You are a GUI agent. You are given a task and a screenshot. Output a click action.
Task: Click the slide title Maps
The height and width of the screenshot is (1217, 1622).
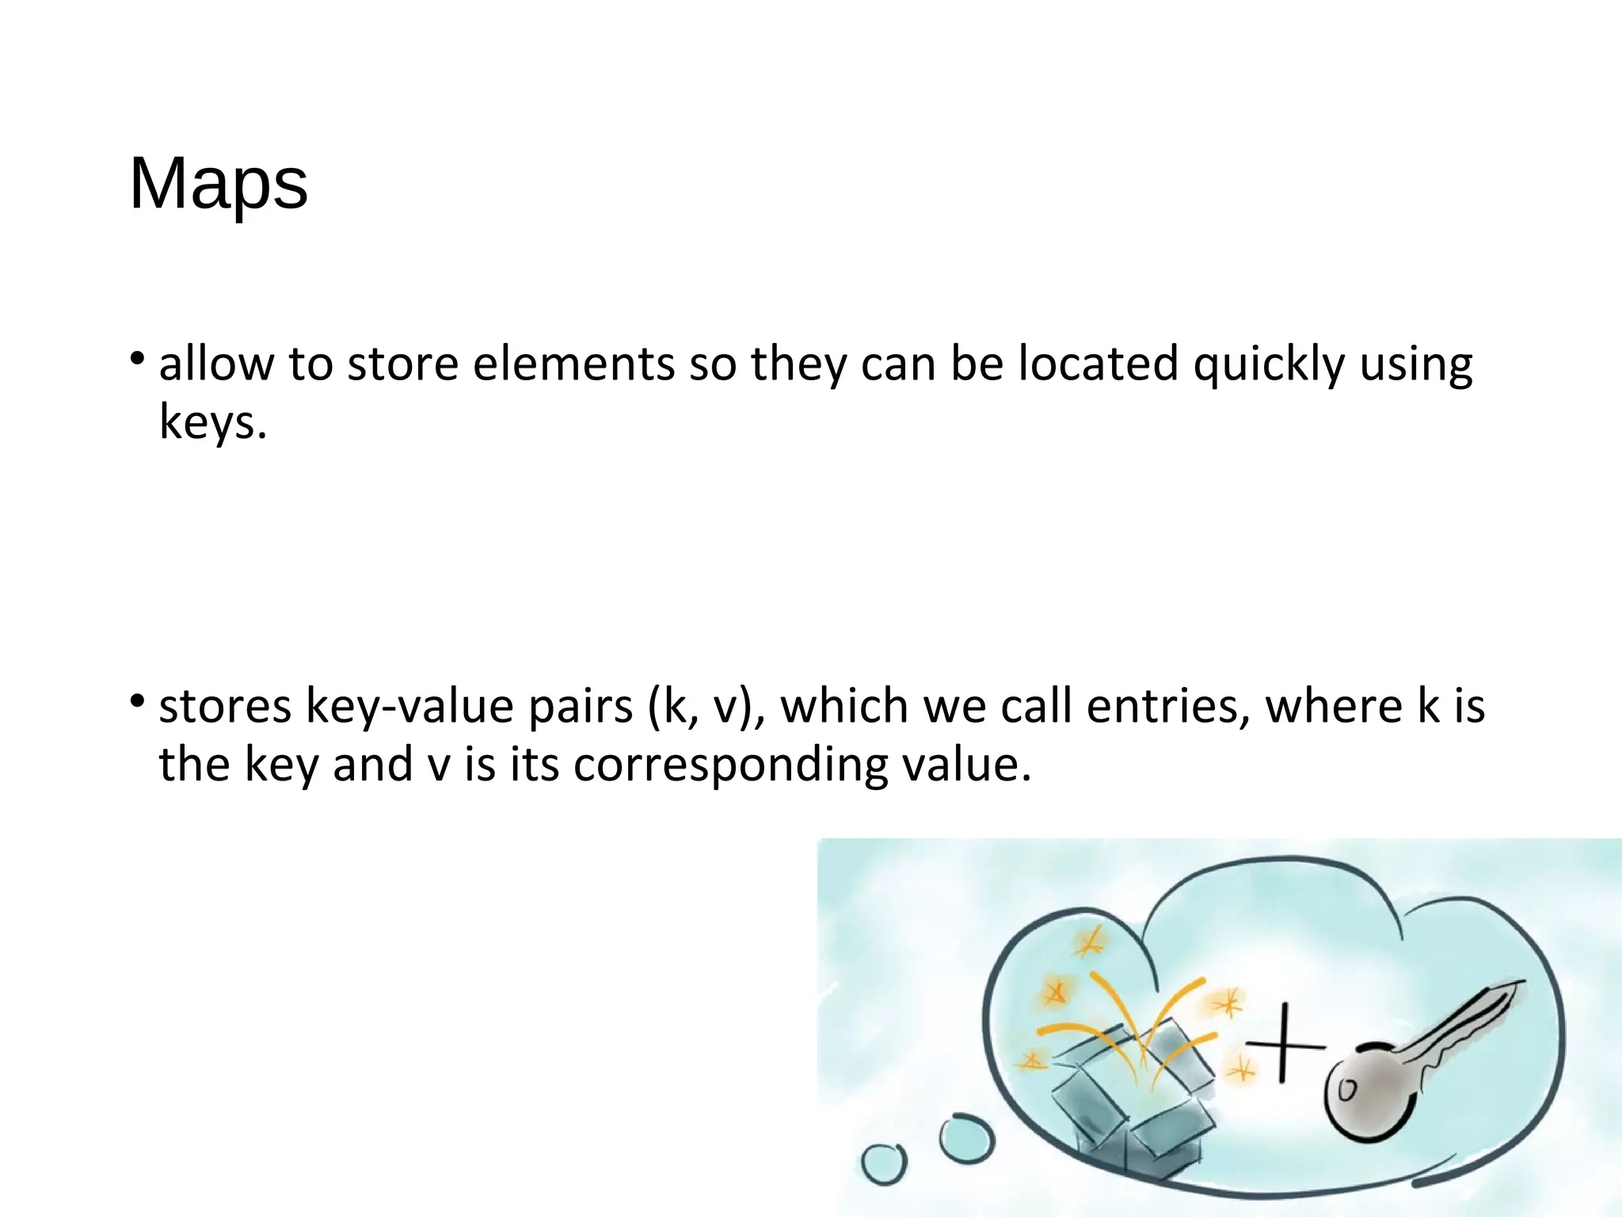click(219, 184)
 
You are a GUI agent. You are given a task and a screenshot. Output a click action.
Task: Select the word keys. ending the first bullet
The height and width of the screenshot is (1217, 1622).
click(212, 422)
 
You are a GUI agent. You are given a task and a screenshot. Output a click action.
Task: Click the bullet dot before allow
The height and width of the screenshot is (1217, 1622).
click(138, 358)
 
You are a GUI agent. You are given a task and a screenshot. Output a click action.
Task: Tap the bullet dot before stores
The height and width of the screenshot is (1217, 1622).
click(138, 700)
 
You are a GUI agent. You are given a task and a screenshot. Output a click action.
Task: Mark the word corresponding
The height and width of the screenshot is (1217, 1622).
click(730, 765)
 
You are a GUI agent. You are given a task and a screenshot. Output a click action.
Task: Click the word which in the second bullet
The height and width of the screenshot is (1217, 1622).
click(845, 705)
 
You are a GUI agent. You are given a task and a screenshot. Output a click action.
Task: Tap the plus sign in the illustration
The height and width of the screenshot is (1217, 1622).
click(1283, 1043)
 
